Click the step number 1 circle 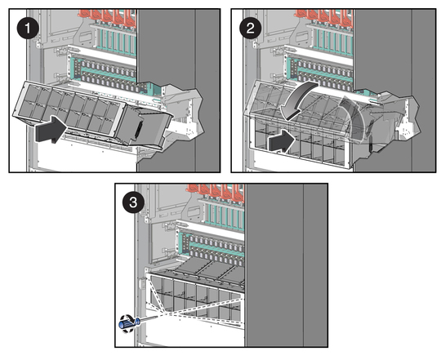pyautogui.click(x=28, y=28)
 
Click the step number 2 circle pyautogui.click(x=250, y=28)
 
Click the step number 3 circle pyautogui.click(x=133, y=202)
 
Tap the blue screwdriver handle pyautogui.click(x=128, y=324)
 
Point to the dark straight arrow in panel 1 pyautogui.click(x=51, y=129)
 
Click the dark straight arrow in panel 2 pyautogui.click(x=282, y=141)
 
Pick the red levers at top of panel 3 pyautogui.click(x=216, y=192)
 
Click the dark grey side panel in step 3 pyautogui.click(x=287, y=265)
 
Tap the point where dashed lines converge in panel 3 pyautogui.click(x=164, y=313)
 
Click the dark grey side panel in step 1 pyautogui.click(x=178, y=90)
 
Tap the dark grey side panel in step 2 pyautogui.click(x=394, y=90)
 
